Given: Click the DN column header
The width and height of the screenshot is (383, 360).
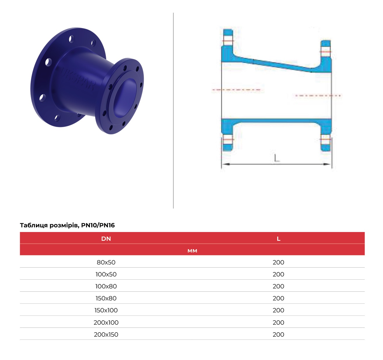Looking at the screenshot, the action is click(106, 239).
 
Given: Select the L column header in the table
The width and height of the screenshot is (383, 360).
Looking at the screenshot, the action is click(278, 239).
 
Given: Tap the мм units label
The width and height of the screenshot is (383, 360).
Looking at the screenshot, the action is click(192, 251).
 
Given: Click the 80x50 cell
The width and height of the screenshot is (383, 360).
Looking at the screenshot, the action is click(106, 262).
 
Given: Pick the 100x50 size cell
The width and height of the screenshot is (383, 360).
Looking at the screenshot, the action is click(106, 274).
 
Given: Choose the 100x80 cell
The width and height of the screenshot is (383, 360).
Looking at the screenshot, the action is click(106, 286).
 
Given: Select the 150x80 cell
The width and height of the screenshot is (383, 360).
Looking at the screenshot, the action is click(106, 298).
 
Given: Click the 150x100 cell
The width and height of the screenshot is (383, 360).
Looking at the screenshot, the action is click(106, 310).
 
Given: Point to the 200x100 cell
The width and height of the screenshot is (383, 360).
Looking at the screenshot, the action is click(106, 322).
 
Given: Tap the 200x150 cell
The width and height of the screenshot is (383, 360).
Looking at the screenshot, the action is click(106, 334).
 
